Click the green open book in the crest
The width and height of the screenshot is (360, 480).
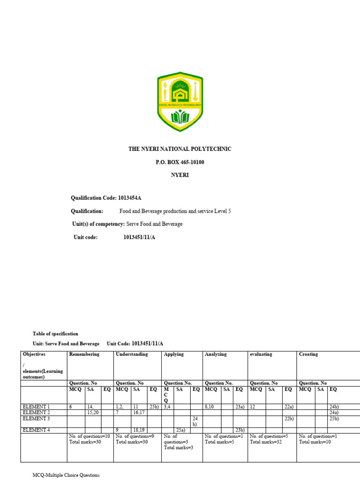tap(180, 116)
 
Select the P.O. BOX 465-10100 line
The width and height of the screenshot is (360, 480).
tap(180, 162)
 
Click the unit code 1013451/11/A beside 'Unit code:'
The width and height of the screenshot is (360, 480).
tap(139, 237)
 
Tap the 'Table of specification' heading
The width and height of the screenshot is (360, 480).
tap(55, 334)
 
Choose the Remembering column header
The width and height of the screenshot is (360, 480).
tap(84, 354)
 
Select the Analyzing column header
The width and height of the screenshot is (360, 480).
tap(216, 354)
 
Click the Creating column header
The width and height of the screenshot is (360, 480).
tap(308, 354)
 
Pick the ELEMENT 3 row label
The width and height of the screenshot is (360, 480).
tap(36, 419)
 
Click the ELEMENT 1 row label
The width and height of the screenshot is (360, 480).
tap(36, 406)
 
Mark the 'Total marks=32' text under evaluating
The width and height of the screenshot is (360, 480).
tap(266, 442)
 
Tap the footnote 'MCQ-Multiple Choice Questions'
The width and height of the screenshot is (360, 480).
tap(66, 475)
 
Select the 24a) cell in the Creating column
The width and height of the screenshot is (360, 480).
tap(334, 412)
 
